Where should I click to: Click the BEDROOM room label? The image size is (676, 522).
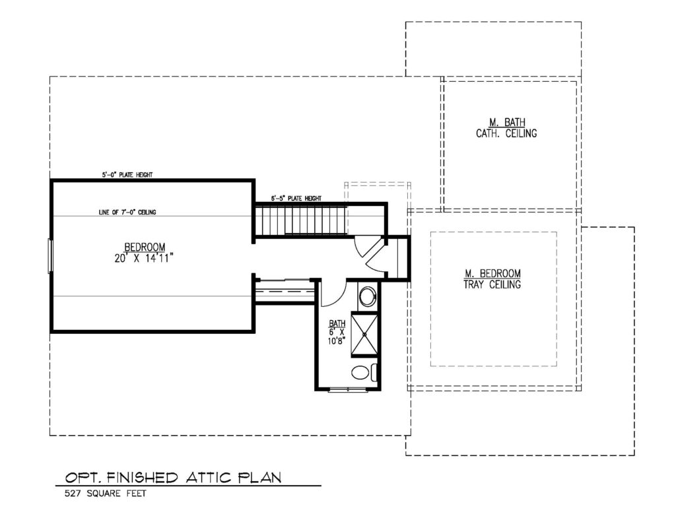[145, 247]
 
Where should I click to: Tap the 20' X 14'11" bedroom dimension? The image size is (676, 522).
[144, 258]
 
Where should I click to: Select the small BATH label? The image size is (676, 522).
[337, 323]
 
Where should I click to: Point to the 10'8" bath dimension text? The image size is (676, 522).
[337, 341]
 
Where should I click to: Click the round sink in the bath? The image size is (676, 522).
[368, 296]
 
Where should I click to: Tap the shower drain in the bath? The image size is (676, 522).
[364, 334]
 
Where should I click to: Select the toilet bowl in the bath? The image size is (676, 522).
[360, 372]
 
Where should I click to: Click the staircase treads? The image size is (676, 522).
[301, 220]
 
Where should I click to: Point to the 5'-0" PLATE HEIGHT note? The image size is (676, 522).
[127, 175]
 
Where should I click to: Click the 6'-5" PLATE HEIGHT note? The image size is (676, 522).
[296, 198]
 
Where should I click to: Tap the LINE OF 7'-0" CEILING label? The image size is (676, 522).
[127, 212]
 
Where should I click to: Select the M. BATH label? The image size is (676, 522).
[507, 123]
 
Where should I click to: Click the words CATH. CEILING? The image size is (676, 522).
[506, 133]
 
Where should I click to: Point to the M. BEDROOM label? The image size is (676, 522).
[492, 273]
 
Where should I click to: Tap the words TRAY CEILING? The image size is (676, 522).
[492, 284]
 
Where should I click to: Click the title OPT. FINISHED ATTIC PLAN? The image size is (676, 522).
[174, 477]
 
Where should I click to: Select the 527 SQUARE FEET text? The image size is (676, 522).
[106, 494]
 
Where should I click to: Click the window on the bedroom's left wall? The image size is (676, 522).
[50, 256]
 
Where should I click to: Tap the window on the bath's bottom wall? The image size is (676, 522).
[347, 390]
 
